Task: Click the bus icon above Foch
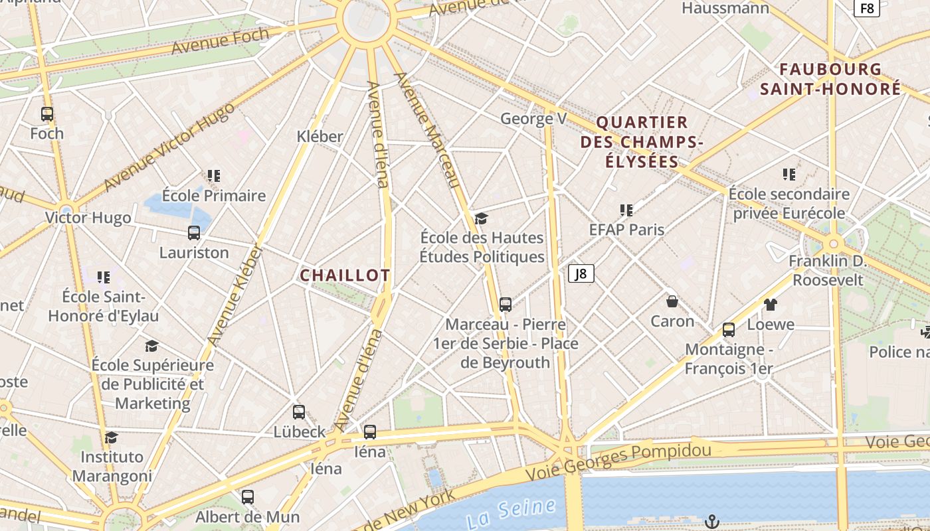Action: tap(47, 114)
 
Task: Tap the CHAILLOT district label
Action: tap(345, 275)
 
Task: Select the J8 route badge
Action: tap(581, 273)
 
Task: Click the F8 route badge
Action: tap(867, 9)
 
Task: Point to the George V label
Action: tap(533, 119)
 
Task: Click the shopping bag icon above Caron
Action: tap(672, 302)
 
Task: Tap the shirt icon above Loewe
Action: tap(770, 305)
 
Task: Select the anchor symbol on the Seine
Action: tap(711, 521)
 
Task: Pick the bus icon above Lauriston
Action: tap(194, 233)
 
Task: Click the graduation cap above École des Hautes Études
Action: tap(481, 218)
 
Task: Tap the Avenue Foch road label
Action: tap(220, 41)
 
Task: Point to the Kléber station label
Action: tap(320, 137)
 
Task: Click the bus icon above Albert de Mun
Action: tap(248, 496)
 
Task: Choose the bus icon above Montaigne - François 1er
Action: tap(729, 330)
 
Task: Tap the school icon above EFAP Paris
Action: tap(626, 210)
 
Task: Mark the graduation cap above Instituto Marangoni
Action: tap(112, 437)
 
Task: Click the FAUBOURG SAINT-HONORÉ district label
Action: tap(830, 79)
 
